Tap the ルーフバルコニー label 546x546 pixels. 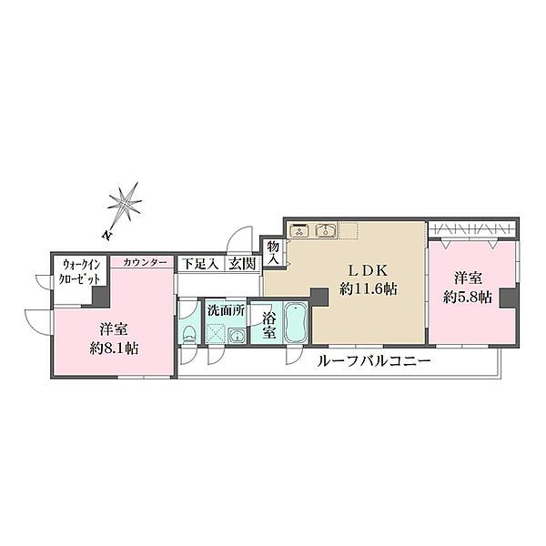374,361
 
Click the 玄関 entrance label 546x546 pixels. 242,263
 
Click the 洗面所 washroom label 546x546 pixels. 226,310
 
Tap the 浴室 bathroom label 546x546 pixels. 268,326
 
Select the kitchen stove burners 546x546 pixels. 301,231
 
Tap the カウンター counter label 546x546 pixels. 145,262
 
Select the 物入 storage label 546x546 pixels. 272,252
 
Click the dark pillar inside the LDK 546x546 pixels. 318,297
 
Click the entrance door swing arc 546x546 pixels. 238,238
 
